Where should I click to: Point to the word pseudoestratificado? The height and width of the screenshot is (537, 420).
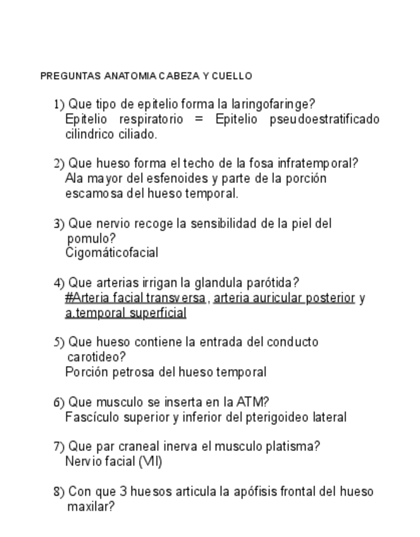324,119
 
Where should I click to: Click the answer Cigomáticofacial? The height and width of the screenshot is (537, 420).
111,253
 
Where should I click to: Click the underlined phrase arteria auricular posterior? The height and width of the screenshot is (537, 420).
284,298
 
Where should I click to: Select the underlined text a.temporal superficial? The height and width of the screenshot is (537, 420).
126,313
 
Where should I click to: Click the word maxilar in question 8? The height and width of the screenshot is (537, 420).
90,507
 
